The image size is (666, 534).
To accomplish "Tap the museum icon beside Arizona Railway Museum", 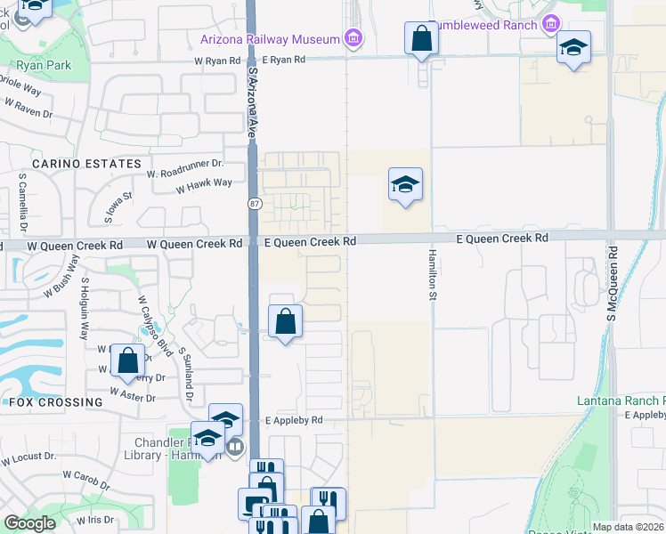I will tap(354, 38).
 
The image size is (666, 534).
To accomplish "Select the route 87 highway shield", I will tap(253, 204).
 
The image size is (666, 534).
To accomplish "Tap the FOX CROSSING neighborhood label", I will tap(55, 402).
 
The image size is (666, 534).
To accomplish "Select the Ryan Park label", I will tap(40, 65).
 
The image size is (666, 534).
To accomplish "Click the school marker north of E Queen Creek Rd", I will tap(405, 185).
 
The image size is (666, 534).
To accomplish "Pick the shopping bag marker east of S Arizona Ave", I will tap(285, 321).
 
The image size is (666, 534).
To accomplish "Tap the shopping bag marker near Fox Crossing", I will tap(128, 361).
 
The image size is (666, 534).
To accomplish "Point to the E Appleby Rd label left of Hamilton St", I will tap(293, 420).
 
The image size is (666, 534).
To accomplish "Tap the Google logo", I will tap(29, 522).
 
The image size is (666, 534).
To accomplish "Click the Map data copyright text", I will tap(628, 527).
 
